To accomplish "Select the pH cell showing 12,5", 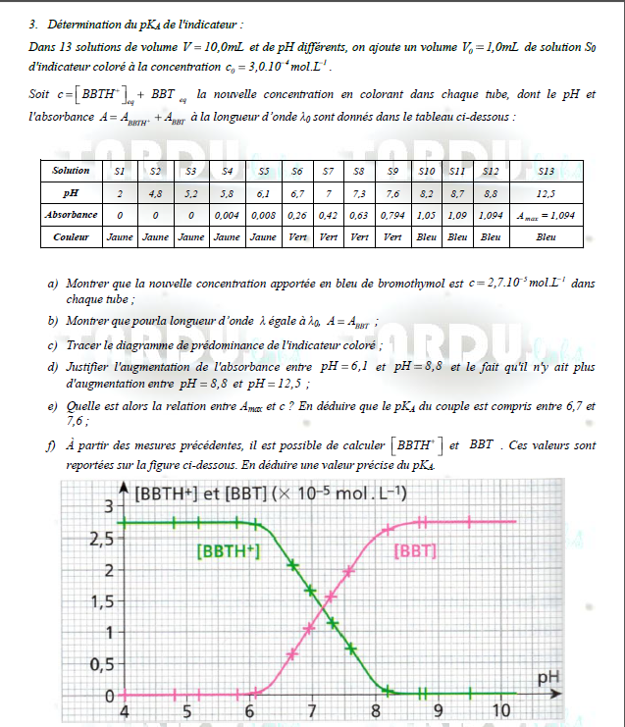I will (x=547, y=193).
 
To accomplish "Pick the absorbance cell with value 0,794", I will (x=392, y=214).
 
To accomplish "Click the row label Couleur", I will (x=72, y=236).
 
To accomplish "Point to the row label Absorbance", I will (x=72, y=214).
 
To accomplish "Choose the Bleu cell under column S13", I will (x=547, y=236).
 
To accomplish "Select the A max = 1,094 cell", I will (x=547, y=214).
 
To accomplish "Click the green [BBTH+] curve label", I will (x=229, y=551).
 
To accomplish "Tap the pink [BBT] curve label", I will (x=414, y=551).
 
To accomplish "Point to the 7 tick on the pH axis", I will (x=312, y=711).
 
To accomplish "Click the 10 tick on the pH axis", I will (x=500, y=711).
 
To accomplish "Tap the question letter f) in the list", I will (x=51, y=444).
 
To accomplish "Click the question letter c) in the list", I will (x=51, y=345).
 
